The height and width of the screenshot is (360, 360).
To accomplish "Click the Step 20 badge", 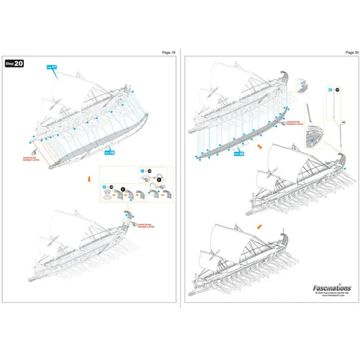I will (13, 64).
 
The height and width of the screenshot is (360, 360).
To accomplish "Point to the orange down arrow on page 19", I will (90, 180).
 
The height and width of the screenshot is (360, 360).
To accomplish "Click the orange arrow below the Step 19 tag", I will (259, 148).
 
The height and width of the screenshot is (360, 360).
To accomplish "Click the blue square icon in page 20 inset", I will (331, 89).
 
